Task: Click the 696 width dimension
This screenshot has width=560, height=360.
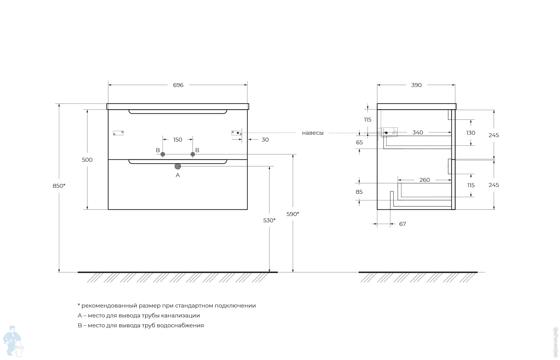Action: tap(178, 85)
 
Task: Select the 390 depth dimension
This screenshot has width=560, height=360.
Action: tap(416, 85)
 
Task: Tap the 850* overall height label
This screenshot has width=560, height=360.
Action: tap(59, 186)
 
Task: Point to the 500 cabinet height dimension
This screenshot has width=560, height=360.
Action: tap(87, 160)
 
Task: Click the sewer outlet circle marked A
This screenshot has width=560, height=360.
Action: tap(178, 166)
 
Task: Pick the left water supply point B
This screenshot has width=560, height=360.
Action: tap(163, 154)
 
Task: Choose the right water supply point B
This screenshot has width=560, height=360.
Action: tap(193, 154)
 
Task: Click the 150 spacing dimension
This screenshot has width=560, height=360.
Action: tap(178, 140)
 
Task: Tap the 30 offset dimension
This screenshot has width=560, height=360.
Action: tap(265, 140)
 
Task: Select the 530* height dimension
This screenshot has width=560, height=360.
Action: tap(269, 220)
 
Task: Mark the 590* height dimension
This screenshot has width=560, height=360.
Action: tap(293, 214)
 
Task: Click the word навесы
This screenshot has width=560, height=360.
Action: tap(313, 133)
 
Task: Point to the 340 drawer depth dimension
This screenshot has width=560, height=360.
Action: tap(418, 133)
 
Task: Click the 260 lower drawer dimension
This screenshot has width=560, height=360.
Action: tap(424, 180)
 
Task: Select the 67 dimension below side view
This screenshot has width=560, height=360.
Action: tap(403, 224)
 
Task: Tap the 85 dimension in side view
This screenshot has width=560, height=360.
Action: tap(359, 192)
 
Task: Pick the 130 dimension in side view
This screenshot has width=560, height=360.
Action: tap(471, 133)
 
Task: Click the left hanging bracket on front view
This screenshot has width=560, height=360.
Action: tap(118, 133)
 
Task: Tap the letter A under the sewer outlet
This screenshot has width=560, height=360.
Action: tap(178, 175)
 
